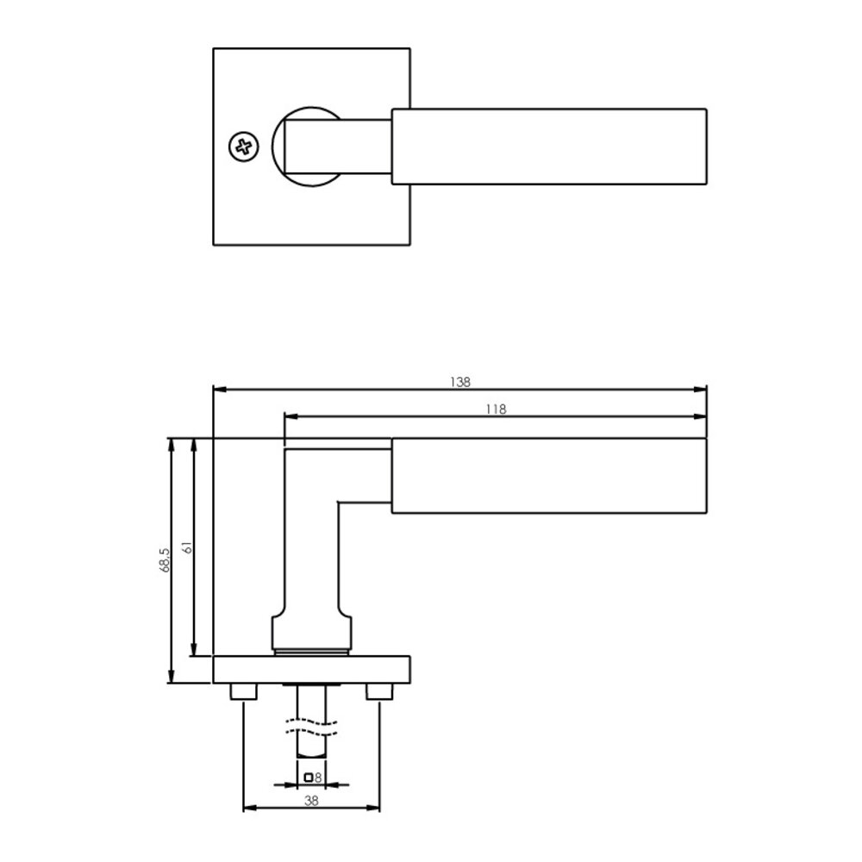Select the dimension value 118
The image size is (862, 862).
tap(495, 409)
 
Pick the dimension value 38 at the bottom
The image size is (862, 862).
tap(312, 800)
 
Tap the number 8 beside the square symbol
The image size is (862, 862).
tap(318, 778)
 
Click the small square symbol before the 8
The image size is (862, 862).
tap(309, 778)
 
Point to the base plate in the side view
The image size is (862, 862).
tap(311, 670)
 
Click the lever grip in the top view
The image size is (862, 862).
tap(549, 147)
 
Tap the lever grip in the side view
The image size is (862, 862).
tap(549, 477)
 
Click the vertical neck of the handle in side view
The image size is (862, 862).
tap(310, 552)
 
